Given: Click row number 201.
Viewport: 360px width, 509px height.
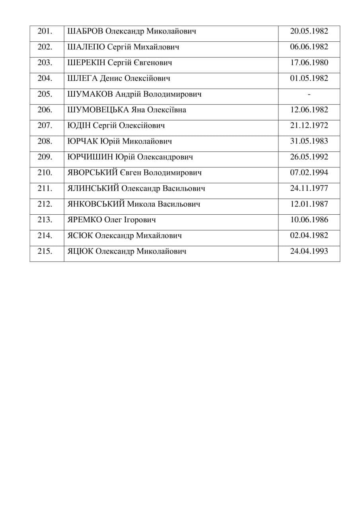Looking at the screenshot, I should click(x=45, y=31).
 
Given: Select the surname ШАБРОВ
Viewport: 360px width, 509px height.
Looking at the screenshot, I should click(x=86, y=31).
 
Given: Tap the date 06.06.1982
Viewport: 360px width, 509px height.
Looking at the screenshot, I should click(x=309, y=47).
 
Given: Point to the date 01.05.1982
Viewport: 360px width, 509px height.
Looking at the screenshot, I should click(x=309, y=78).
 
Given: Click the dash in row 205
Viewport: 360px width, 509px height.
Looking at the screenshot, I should click(x=309, y=94).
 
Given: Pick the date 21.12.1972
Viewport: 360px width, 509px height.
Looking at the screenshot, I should click(x=309, y=126).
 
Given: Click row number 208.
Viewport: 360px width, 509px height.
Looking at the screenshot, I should click(x=45, y=141).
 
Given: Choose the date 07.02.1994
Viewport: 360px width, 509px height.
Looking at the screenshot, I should click(x=309, y=173).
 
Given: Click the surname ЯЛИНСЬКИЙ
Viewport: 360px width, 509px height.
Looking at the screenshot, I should click(x=93, y=188).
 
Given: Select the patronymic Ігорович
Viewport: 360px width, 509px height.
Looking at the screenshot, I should click(x=139, y=220).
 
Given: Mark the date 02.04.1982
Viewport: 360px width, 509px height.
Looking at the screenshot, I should click(x=309, y=235).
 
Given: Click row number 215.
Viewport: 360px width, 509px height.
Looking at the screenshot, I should click(x=45, y=251).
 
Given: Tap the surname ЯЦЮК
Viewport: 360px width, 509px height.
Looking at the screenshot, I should click(x=81, y=251).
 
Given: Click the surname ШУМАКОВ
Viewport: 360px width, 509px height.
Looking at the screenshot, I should click(x=90, y=94).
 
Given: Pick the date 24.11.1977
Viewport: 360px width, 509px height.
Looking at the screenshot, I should click(x=309, y=188).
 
